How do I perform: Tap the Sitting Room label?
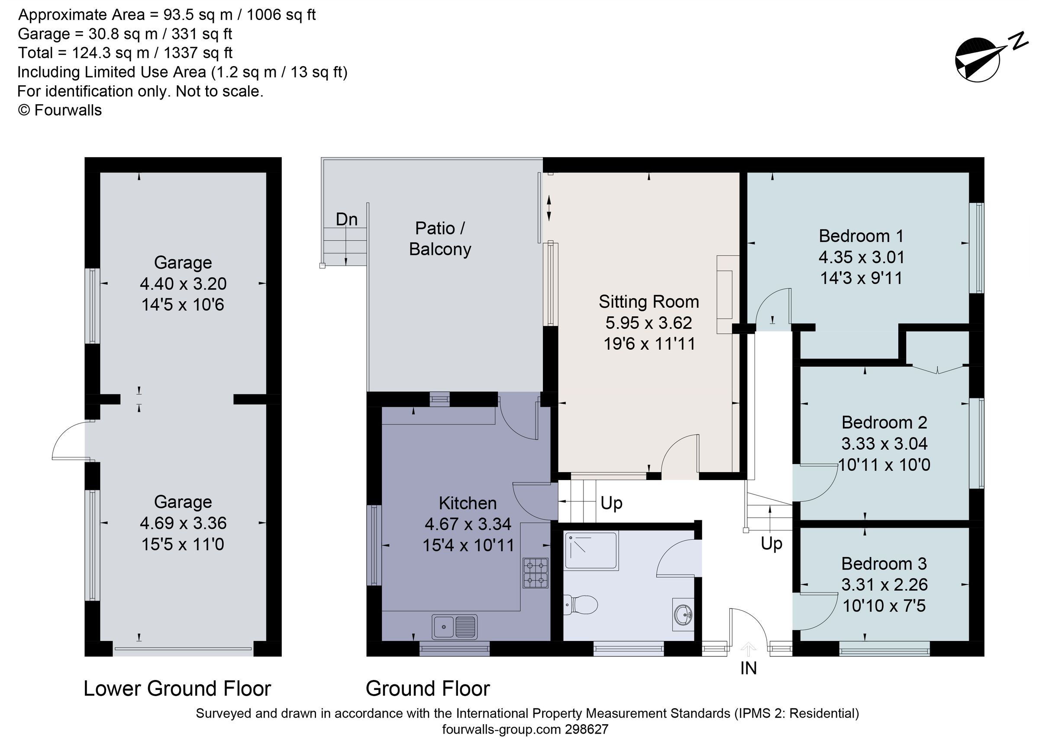[649, 302]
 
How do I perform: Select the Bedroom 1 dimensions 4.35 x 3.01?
[861, 258]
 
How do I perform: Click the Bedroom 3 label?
[884, 564]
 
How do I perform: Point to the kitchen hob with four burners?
[535, 573]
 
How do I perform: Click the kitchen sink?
[455, 626]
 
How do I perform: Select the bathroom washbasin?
[683, 614]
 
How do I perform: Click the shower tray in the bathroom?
[591, 551]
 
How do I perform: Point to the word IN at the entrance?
[749, 668]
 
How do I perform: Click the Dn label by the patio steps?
[346, 219]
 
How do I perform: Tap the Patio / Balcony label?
[440, 238]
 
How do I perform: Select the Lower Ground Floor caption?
[177, 689]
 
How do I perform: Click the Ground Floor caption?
[428, 689]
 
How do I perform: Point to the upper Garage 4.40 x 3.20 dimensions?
[183, 284]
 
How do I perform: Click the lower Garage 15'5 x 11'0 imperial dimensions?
[183, 544]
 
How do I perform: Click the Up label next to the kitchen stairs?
[611, 503]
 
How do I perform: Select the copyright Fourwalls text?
[60, 110]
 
